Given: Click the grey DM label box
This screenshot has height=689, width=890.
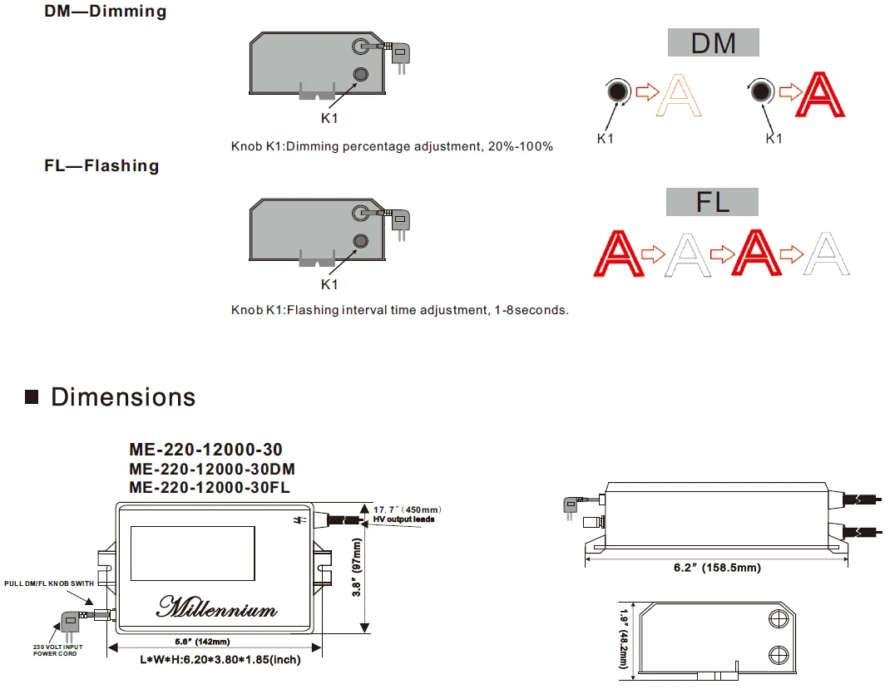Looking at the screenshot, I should (713, 42).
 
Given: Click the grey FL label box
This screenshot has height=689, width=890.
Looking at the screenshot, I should (712, 202).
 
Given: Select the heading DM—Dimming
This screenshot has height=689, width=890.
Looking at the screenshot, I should (106, 12).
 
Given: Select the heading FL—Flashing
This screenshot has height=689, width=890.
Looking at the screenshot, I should (101, 165).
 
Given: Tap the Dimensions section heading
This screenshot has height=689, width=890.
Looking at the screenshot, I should (123, 397).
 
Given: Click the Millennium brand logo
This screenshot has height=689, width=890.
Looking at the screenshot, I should (216, 608).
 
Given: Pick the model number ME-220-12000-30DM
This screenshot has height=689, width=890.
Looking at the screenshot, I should (212, 469).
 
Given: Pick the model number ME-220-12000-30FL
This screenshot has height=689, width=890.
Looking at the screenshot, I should (210, 487).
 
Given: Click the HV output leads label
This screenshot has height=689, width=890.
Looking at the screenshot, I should (403, 519).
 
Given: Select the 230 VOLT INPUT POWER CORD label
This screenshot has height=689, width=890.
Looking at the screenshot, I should (58, 649).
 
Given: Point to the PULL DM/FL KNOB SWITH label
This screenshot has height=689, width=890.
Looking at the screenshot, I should (49, 583).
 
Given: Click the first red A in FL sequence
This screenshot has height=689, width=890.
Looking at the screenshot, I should (621, 253).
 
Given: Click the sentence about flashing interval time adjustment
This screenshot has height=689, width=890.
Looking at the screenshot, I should (399, 310).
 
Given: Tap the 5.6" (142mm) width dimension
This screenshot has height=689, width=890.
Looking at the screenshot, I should (202, 641).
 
